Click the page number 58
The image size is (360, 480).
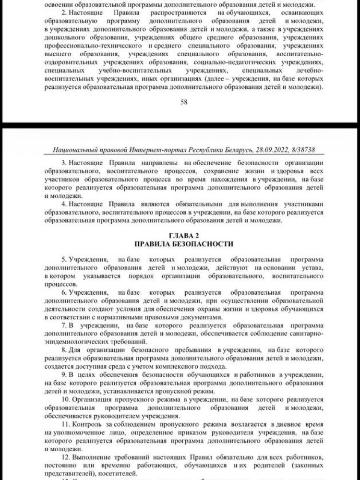[183, 102]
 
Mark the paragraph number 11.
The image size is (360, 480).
[66, 426]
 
